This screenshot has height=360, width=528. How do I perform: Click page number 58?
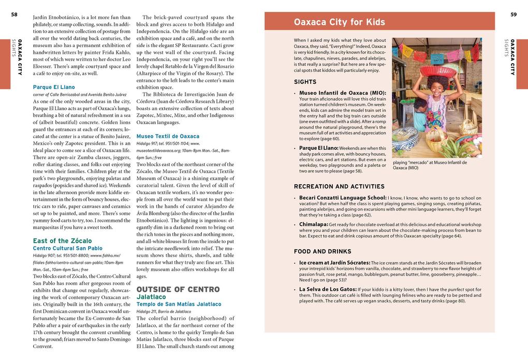14,14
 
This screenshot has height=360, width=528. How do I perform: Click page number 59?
513,14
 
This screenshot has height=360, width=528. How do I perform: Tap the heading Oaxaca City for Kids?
339,22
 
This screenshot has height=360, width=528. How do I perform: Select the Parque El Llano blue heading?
54,87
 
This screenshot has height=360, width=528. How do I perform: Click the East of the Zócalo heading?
62,241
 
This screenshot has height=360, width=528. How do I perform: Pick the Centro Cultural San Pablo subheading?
68,248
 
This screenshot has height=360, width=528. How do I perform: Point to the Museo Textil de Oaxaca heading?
168,136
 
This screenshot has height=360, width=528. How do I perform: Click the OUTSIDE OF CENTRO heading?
178,289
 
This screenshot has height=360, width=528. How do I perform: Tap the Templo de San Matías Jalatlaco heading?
179,304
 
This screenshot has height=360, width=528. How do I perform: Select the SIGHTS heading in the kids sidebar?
305,82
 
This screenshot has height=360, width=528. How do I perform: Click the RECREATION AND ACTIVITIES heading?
339,186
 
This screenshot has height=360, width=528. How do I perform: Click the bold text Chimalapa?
314,224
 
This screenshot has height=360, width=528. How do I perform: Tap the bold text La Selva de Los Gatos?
328,289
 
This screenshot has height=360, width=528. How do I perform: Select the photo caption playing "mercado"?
430,165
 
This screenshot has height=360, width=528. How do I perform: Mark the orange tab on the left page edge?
5,63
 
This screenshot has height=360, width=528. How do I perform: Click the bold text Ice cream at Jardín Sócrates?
334,263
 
